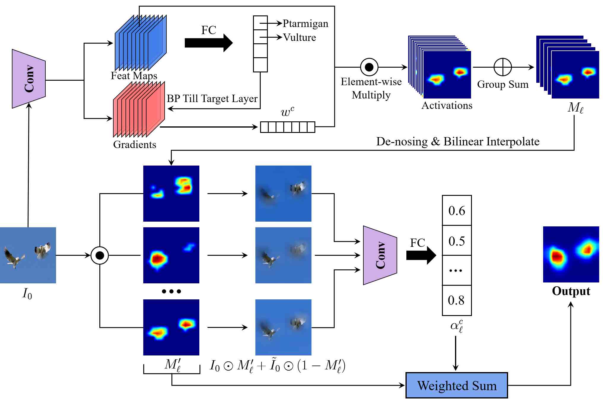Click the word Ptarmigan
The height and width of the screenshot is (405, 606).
click(305, 23)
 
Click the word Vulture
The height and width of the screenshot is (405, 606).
click(299, 37)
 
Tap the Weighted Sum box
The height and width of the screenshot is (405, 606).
click(457, 385)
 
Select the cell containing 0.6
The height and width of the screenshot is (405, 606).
click(457, 210)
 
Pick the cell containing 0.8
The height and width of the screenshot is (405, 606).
click(457, 300)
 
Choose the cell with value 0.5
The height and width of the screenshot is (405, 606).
click(457, 241)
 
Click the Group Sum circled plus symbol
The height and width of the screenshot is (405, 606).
click(502, 67)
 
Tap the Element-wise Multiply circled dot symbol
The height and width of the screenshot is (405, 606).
click(369, 67)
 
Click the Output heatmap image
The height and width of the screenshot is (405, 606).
click(571, 254)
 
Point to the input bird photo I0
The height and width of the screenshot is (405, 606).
click(28, 255)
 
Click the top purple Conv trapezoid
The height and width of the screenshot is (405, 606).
click(29, 79)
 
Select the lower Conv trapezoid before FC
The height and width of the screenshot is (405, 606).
click(380, 255)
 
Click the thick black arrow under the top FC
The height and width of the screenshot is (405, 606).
click(209, 43)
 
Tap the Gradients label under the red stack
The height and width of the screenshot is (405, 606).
click(135, 144)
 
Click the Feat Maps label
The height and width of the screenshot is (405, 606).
click(134, 76)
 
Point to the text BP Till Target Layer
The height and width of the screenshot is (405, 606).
click(212, 99)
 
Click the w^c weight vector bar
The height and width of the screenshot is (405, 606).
click(287, 127)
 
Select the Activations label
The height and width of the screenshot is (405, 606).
click(447, 105)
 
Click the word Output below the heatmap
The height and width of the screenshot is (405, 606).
click(571, 291)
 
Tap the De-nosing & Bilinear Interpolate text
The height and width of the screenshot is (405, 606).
click(458, 142)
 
